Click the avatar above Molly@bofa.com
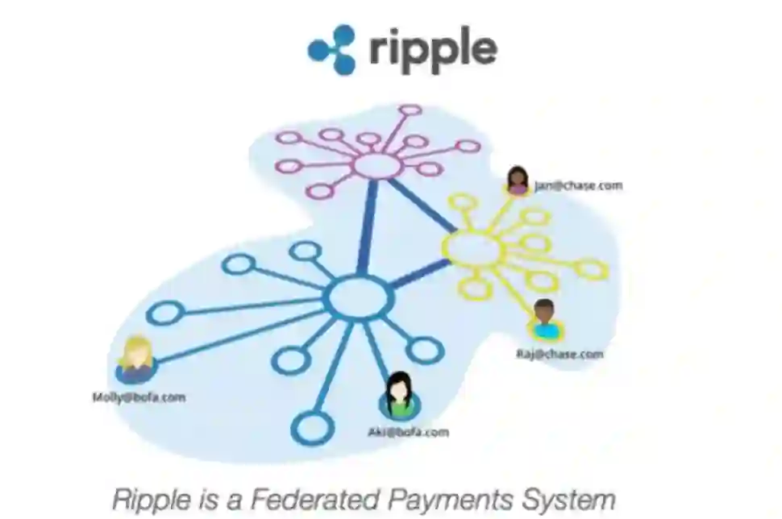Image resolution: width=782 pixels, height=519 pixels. pos(135,360)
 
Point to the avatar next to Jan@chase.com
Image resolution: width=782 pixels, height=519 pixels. pos(518,181)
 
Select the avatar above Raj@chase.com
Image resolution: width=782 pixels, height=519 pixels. pos(545,320)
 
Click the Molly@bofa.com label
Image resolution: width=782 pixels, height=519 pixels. pos(138,397)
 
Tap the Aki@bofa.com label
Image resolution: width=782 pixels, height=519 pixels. pos(408,432)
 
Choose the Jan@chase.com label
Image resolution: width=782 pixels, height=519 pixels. pos(578,185)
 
